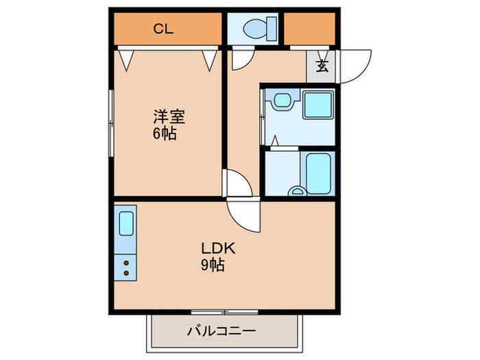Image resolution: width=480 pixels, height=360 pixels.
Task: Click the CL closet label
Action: (x=163, y=29)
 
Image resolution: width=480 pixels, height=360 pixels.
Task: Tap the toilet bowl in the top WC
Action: (x=254, y=29)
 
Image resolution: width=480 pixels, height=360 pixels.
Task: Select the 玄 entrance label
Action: (x=322, y=66)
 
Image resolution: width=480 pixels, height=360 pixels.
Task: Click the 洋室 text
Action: (x=169, y=117)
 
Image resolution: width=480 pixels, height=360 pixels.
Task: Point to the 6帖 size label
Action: (x=165, y=133)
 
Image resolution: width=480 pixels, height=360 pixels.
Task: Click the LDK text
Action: (x=218, y=248)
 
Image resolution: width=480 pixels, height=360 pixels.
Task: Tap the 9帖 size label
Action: (x=213, y=265)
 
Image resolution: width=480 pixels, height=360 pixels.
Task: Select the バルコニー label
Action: (x=221, y=331)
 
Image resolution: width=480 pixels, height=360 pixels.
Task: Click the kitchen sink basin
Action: (x=126, y=224)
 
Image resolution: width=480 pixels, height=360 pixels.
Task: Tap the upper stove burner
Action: (x=126, y=263)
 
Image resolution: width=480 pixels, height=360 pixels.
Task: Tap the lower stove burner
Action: (x=126, y=273)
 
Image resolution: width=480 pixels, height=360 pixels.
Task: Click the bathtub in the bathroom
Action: (x=317, y=173)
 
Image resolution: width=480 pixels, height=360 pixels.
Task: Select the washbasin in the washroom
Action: (x=283, y=100)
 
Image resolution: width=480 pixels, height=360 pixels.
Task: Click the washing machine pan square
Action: (x=317, y=105)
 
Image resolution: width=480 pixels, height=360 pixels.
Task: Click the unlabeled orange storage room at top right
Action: (x=309, y=29)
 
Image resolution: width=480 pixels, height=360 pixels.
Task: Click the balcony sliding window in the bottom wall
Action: (x=224, y=312)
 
